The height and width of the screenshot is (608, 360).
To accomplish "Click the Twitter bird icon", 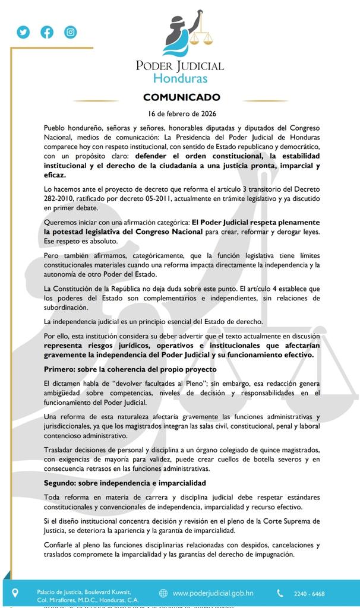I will coord(23,33).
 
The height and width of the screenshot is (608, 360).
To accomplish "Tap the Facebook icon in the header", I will coord(47,33).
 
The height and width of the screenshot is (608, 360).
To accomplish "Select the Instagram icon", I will coord(71,33).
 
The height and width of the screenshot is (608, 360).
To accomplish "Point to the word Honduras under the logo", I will coord(180,78).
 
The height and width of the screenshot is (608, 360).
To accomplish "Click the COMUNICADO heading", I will coord(181,97).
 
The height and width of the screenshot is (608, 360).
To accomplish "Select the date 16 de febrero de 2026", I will coord(181,113).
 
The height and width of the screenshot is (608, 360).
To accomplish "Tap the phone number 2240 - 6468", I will coord(309,593).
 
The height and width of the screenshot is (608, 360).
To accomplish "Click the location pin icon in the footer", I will coord(15,593).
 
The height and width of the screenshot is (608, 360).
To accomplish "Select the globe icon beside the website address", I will coord(163,593).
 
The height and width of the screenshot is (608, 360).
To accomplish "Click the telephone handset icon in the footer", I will coord(280,593).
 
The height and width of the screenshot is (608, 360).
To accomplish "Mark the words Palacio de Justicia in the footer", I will coord(55,591).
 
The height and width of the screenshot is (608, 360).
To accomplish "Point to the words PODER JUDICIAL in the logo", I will coord(180,65).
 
